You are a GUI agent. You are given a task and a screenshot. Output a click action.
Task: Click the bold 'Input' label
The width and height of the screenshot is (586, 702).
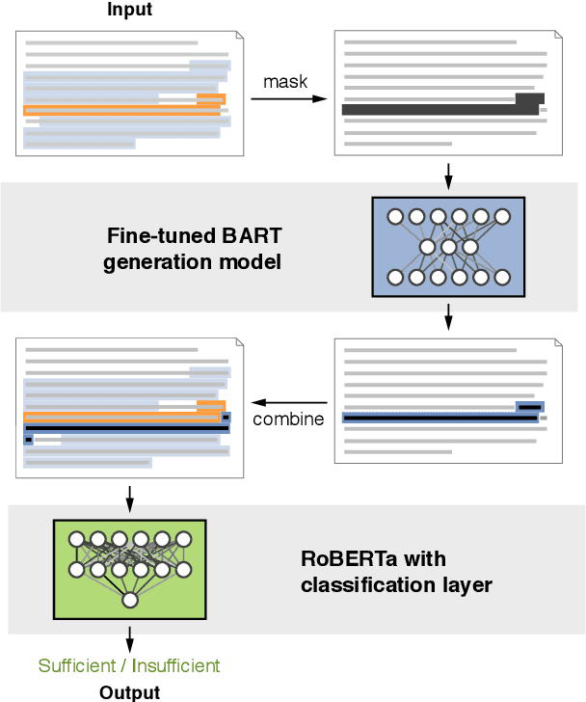128,10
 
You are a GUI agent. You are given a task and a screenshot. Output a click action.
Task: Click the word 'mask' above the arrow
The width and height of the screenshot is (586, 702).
285,81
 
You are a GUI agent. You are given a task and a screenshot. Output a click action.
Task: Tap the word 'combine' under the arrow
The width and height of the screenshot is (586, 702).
288,419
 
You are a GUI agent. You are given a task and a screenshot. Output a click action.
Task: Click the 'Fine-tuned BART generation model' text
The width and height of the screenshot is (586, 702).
193,248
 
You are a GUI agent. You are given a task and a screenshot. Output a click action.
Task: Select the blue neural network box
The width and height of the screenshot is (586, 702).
447,246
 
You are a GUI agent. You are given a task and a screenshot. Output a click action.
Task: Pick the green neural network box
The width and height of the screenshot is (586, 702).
129,569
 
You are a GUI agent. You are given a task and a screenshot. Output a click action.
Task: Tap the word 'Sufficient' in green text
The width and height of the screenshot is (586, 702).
80,665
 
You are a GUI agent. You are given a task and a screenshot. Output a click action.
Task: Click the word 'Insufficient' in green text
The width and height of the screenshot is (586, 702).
175,665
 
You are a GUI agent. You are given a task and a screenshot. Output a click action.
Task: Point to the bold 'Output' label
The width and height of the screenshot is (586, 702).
129,691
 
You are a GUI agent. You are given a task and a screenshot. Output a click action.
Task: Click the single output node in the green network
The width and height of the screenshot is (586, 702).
129,601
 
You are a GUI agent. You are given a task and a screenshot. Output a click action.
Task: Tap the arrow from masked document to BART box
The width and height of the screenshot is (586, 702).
448,175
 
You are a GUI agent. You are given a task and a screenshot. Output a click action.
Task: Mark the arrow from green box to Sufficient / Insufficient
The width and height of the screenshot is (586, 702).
129,638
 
